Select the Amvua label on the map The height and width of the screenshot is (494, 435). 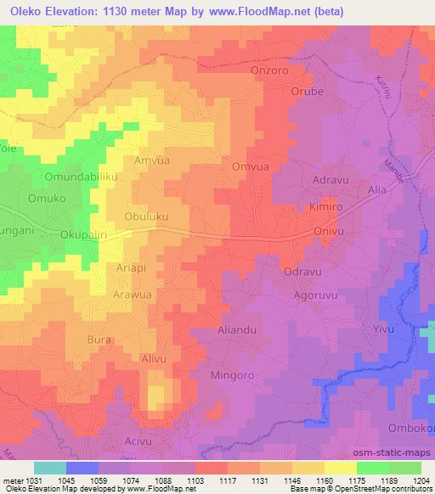point(152,160)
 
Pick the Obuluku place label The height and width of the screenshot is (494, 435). point(145,216)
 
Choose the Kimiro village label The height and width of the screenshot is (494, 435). point(326,206)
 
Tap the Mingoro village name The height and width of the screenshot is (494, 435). point(232,373)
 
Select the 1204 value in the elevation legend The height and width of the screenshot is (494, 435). point(422,480)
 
